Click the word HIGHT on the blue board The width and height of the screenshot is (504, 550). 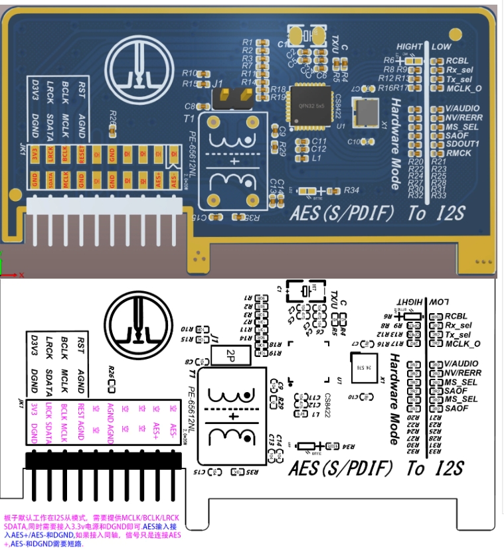410,47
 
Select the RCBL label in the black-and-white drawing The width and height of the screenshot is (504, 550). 457,316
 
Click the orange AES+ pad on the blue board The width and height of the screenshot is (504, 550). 159,178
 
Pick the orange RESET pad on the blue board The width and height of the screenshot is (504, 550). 81,155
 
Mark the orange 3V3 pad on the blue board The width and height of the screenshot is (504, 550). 35,155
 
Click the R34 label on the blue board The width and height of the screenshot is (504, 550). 352,191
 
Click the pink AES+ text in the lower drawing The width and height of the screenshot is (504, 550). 155,426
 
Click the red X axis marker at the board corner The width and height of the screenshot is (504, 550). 21,274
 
